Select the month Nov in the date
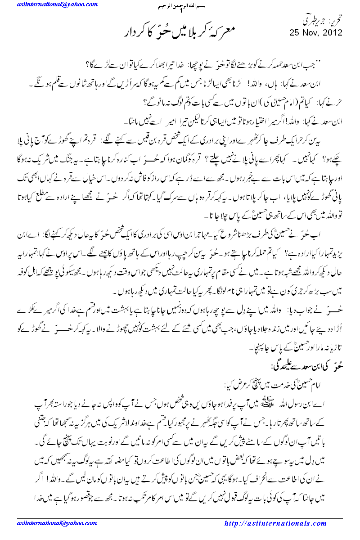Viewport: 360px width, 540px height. [312, 33]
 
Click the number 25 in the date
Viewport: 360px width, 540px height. [296, 33]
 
